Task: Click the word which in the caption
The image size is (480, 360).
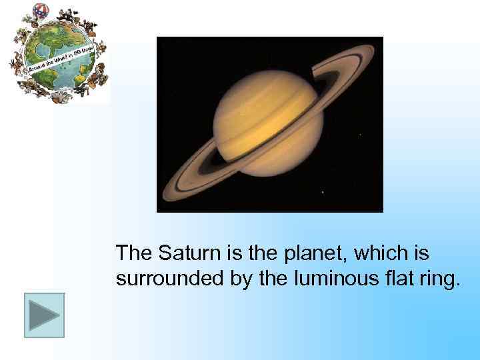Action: (x=379, y=253)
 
